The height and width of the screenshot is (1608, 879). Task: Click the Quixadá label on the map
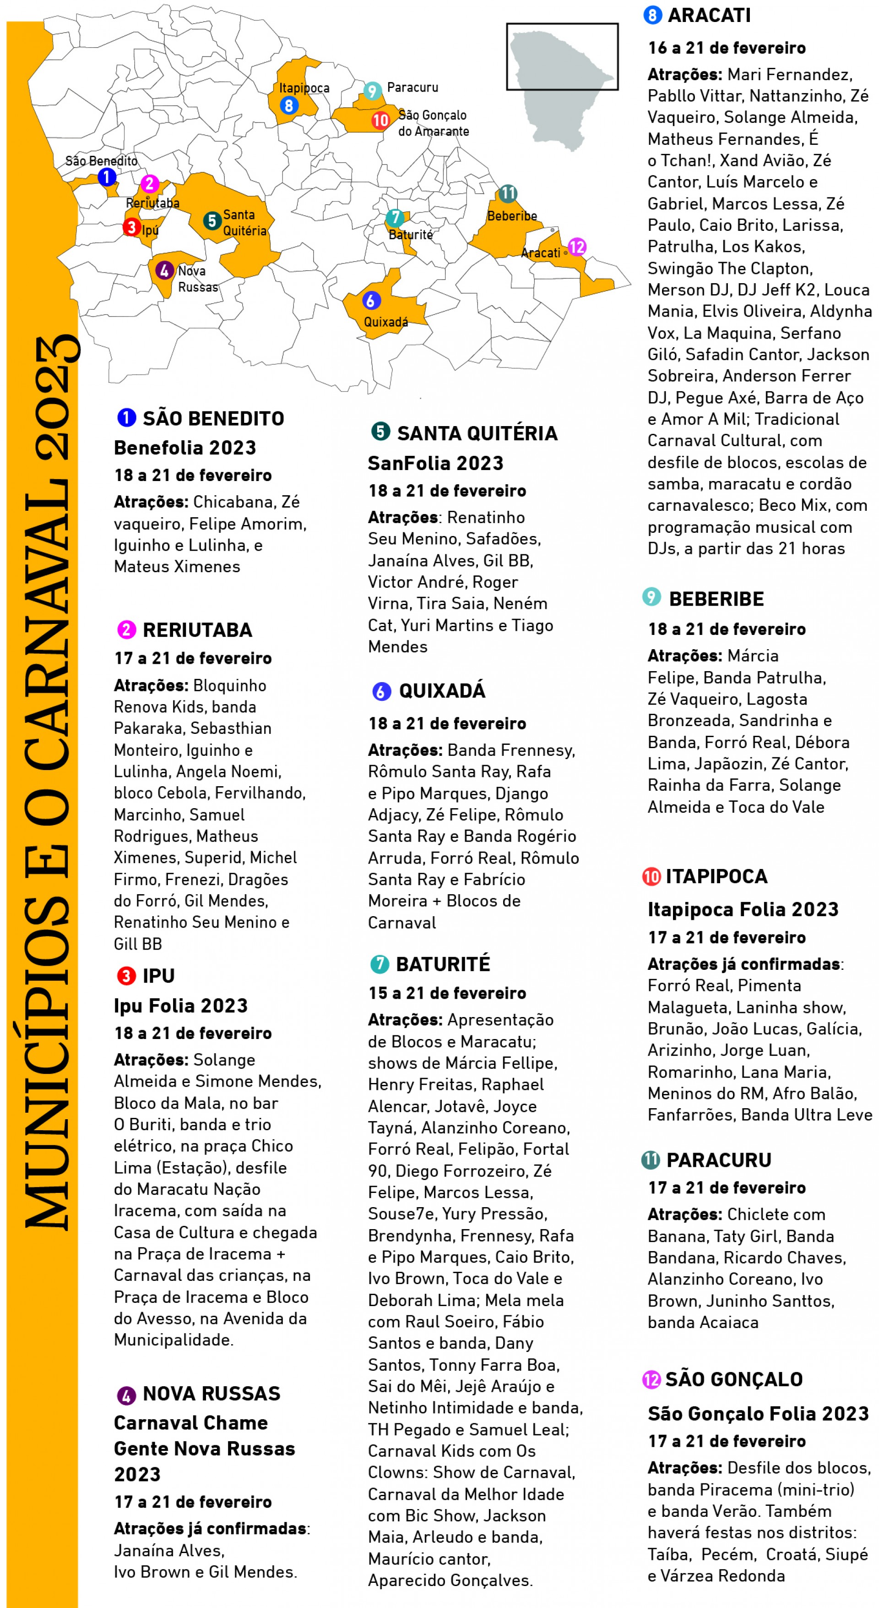click(385, 322)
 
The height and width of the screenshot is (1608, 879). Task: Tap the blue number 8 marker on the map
click(288, 105)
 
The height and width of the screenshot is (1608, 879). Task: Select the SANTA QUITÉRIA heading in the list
click(477, 433)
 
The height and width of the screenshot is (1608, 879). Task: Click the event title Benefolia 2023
click(184, 448)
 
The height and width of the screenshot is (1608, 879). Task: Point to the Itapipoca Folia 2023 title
click(743, 909)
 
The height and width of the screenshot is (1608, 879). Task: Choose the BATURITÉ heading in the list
click(442, 964)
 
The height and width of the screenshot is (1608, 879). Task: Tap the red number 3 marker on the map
click(131, 227)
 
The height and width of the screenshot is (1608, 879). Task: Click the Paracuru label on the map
click(412, 88)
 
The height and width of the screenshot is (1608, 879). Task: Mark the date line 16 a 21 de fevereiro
click(726, 48)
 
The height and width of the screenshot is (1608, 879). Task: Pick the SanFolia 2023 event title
click(435, 463)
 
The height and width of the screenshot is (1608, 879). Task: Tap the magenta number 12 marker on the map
click(577, 247)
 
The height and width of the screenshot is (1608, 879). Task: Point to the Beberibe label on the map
click(511, 216)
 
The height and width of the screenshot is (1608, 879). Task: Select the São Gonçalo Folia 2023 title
click(757, 1413)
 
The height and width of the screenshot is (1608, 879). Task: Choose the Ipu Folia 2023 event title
click(180, 1006)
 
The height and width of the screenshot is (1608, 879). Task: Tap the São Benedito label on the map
click(101, 161)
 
